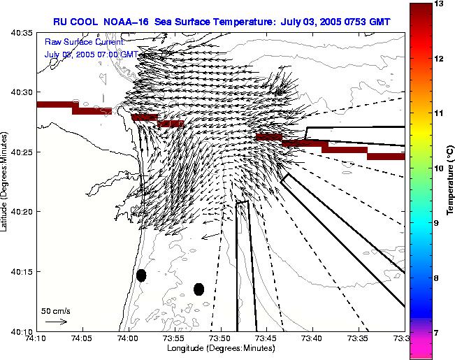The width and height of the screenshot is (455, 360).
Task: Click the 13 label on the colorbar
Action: click(437, 3)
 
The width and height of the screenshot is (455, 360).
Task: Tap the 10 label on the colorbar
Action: click(437, 168)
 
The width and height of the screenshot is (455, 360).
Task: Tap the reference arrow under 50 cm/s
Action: click(56, 322)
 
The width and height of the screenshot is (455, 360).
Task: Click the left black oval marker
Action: click(141, 275)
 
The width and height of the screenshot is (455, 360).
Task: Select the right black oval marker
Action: click(198, 289)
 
